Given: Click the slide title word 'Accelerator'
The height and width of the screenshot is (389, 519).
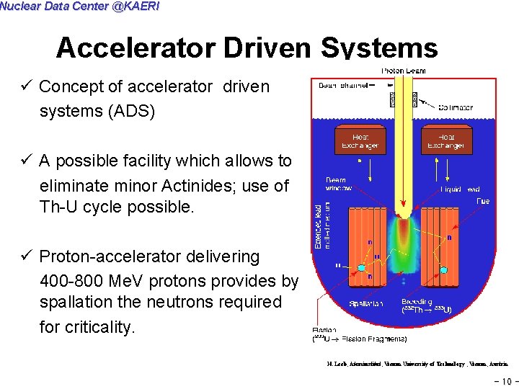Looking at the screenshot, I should pos(136,48).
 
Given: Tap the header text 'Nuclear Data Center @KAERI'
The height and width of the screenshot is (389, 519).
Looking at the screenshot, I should pos(79,6).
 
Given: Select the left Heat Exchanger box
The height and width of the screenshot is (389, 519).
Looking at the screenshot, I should pos(360,140).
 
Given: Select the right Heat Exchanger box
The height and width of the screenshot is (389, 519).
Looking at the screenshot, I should pos(446,140).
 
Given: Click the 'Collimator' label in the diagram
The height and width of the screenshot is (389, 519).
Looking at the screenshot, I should pos(455,108).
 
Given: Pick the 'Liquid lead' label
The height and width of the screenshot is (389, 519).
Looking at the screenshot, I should pos(461,189).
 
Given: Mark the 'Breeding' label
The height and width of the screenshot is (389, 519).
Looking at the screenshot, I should pos(417,302).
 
